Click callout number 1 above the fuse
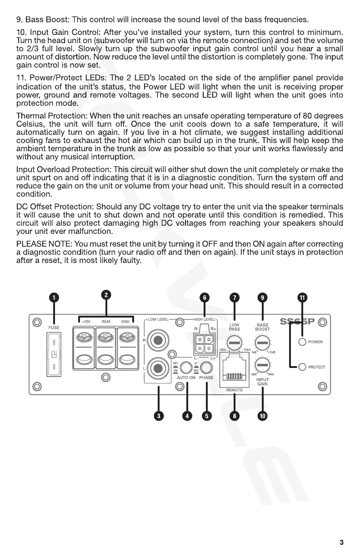pos(54,298)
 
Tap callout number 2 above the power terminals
pos(106,295)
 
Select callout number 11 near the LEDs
pos(302,298)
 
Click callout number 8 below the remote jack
pos(235,416)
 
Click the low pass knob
pos(235,342)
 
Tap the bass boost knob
pos(262,342)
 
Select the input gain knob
pos(262,364)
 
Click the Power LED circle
pos(302,342)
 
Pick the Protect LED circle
pos(302,367)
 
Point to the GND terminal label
pos(125,322)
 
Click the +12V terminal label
pos(86,322)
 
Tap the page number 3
pos(341,542)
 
